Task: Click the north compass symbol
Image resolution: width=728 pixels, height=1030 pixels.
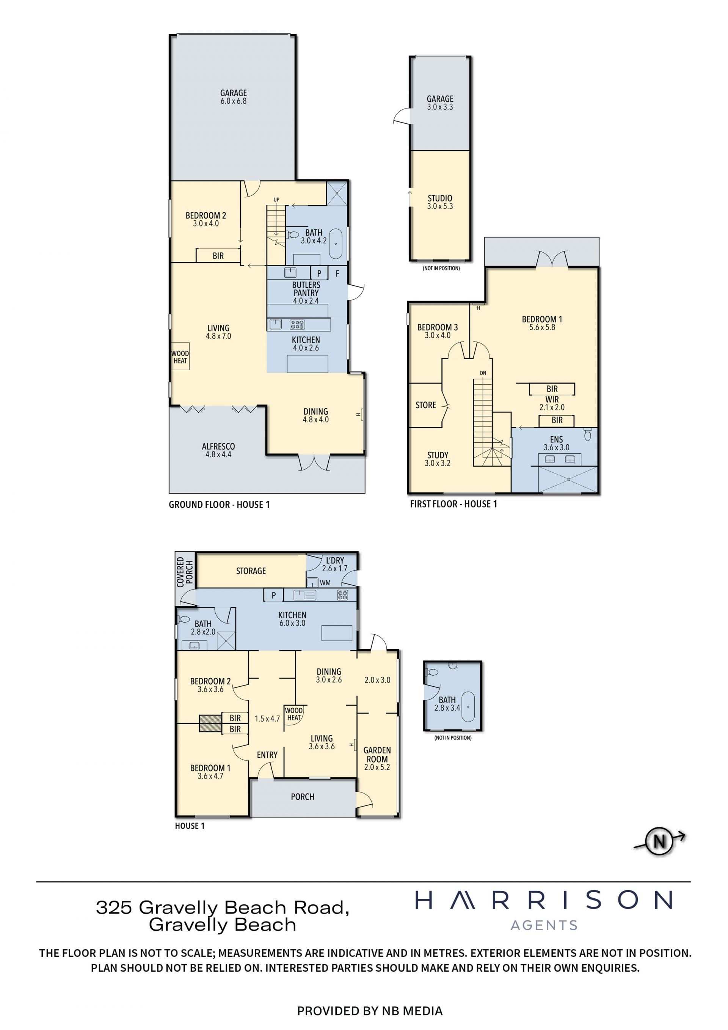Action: [660, 841]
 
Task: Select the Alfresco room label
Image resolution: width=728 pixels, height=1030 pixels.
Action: [218, 447]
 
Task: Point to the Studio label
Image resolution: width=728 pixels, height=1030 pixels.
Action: [440, 198]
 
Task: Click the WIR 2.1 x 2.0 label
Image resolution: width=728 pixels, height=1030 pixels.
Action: [552, 403]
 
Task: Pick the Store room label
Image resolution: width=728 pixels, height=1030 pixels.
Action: [426, 405]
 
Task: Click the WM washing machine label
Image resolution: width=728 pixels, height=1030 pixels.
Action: [325, 583]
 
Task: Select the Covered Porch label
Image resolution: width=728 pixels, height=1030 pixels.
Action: [184, 572]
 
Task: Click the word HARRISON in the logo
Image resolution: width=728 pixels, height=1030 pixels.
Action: [544, 900]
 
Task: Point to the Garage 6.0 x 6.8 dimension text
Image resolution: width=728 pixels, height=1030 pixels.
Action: [233, 101]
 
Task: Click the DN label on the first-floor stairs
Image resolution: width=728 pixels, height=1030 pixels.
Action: [483, 373]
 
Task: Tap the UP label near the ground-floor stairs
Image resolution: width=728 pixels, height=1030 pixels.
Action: [276, 200]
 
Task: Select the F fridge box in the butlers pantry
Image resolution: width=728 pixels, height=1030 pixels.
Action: [337, 273]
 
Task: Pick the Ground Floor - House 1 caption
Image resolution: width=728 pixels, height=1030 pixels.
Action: [219, 505]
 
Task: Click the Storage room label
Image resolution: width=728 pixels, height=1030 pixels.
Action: [251, 571]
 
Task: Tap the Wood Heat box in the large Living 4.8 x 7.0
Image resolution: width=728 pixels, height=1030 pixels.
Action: [180, 357]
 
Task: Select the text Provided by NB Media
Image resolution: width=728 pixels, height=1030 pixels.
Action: [370, 1011]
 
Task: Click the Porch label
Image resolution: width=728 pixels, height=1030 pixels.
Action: [303, 797]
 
